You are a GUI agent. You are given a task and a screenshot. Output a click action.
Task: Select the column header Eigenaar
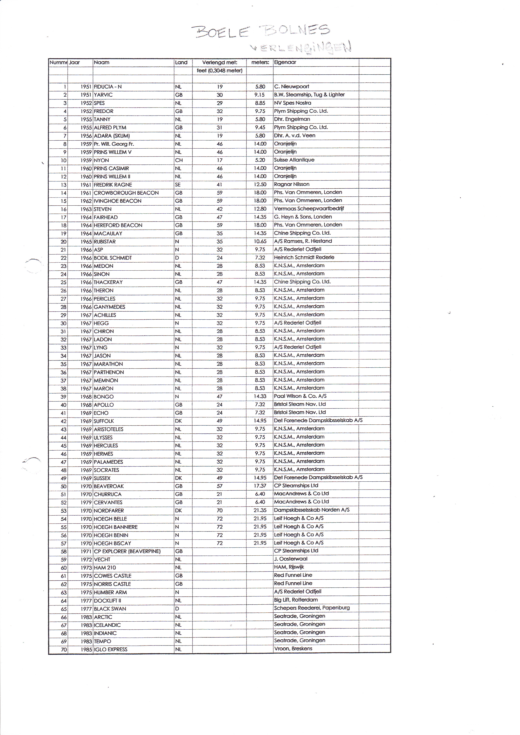285,62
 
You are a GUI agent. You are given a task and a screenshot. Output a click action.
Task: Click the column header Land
181,62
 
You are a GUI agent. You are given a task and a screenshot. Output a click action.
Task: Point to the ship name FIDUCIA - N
108,87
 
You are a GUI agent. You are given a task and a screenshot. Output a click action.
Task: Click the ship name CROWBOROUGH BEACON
126,193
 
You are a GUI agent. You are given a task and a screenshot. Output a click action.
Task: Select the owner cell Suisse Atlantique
294,160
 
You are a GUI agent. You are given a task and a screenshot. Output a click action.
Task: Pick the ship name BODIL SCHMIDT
113,258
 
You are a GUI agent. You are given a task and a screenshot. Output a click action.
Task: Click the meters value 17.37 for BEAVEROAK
260,486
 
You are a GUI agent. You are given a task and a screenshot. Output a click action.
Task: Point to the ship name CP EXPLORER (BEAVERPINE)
127,551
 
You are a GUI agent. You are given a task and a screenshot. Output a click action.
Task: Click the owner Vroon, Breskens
293,649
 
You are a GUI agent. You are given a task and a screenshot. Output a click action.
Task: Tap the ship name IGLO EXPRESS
110,649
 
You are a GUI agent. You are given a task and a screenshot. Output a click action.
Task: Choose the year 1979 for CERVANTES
86,503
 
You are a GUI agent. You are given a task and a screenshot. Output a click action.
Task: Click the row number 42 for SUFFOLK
63,421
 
